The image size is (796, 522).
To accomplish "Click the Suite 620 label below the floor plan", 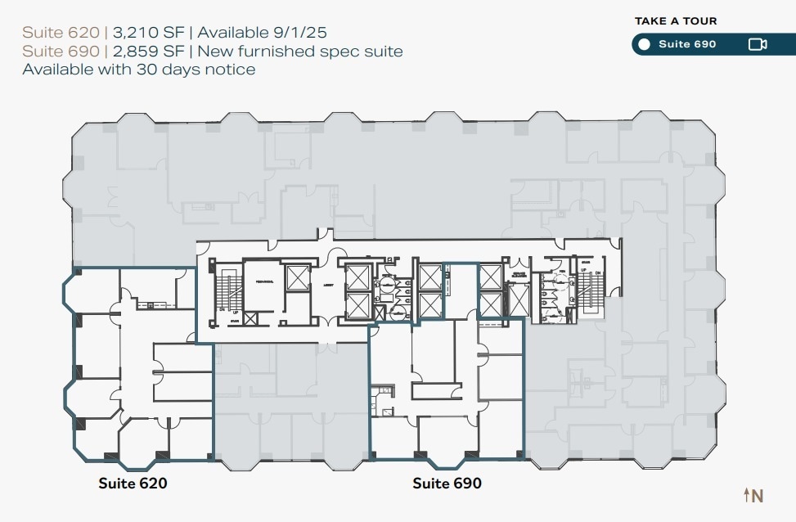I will (x=133, y=484).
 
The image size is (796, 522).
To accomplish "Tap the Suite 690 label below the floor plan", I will (x=447, y=484).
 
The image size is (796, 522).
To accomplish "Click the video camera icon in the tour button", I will (x=757, y=44).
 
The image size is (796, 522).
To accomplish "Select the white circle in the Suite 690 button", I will (x=645, y=44).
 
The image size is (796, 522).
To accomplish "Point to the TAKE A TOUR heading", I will (x=676, y=21).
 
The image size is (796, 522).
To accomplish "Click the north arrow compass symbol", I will (x=753, y=495).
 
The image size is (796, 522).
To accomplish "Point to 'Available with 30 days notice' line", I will (x=139, y=70).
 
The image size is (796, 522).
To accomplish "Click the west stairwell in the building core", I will (x=223, y=290).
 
